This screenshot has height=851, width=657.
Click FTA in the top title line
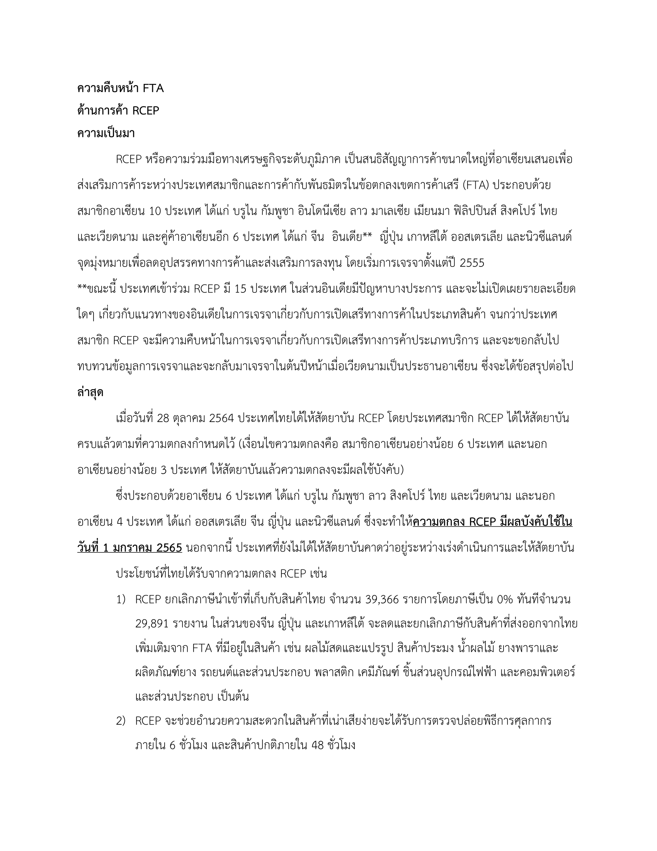(x=153, y=89)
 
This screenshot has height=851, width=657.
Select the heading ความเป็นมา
(x=106, y=134)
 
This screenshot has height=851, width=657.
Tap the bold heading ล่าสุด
(x=90, y=393)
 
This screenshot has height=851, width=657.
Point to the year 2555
(x=472, y=263)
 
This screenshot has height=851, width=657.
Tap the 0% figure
(x=505, y=600)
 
